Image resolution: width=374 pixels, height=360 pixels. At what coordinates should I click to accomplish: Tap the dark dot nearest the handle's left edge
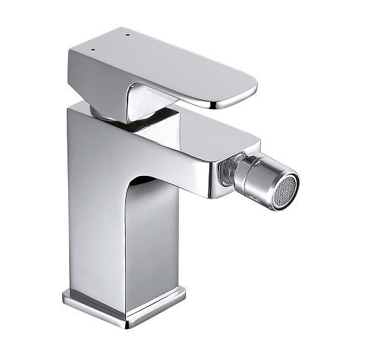point(93,47)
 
